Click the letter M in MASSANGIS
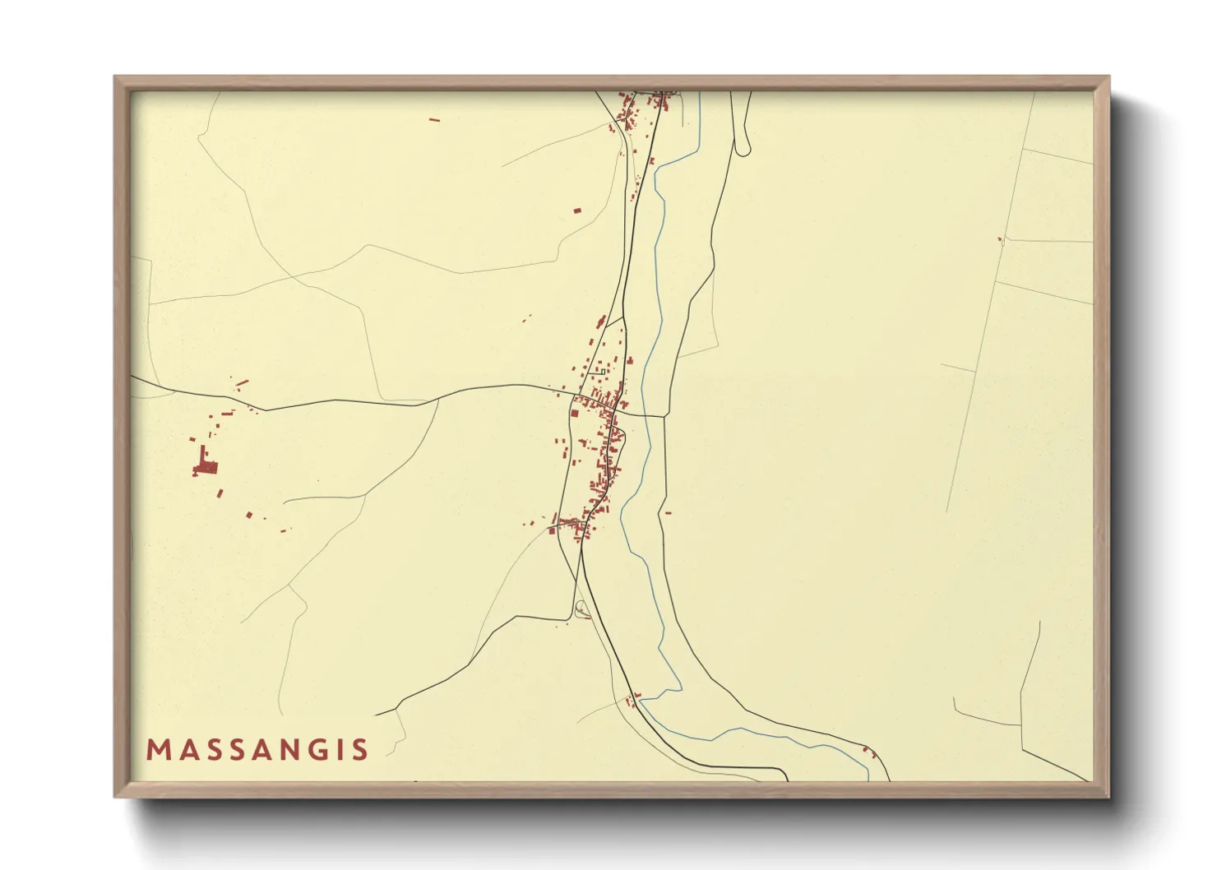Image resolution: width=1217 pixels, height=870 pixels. tap(158, 750)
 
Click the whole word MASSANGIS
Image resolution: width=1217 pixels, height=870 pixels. tap(257, 750)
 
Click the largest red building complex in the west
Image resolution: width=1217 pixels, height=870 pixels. tap(206, 467)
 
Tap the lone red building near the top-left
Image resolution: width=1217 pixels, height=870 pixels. tap(435, 120)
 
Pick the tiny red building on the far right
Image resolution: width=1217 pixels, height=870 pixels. tap(1000, 239)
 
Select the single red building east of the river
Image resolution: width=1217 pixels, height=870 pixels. tap(668, 513)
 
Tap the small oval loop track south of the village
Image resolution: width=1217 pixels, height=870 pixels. tap(583, 609)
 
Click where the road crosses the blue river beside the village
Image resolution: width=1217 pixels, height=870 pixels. tap(646, 416)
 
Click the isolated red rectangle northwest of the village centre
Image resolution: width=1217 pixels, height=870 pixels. tap(576, 211)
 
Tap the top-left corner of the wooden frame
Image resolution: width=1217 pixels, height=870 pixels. tap(115, 77)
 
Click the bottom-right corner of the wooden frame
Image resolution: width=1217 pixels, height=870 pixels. tap(1108, 796)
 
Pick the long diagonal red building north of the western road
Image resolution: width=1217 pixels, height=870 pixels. tap(242, 382)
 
